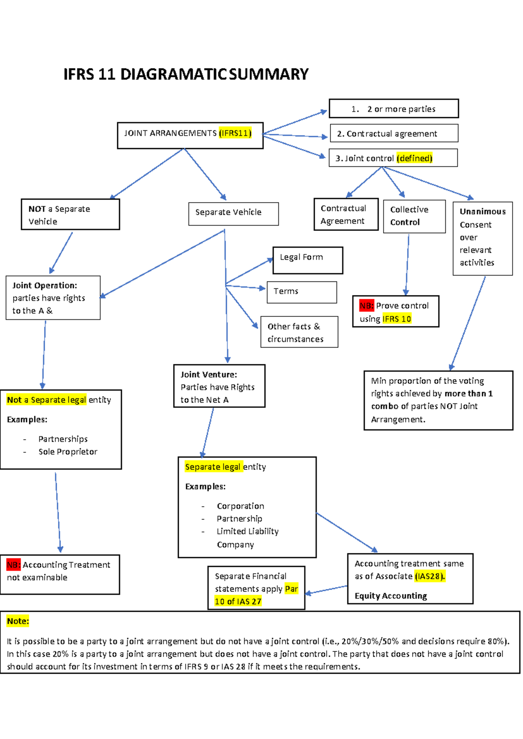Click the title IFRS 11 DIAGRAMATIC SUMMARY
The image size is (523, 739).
click(x=186, y=74)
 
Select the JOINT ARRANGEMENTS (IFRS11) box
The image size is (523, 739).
click(x=190, y=135)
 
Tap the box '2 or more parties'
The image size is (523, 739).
click(x=394, y=108)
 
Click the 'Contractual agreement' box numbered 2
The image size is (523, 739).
click(x=394, y=133)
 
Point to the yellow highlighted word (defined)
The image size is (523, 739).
click(x=414, y=158)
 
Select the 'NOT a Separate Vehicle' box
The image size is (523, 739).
click(x=70, y=214)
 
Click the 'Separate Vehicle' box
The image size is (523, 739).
click(x=233, y=214)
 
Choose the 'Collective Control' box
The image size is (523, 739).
click(x=414, y=216)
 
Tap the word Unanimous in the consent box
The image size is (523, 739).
click(x=482, y=211)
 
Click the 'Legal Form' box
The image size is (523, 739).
click(x=308, y=260)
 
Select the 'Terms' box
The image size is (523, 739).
click(x=302, y=292)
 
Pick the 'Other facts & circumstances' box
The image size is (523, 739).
click(x=299, y=332)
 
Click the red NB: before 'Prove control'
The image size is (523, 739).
click(x=367, y=305)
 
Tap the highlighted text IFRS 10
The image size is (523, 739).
click(x=397, y=319)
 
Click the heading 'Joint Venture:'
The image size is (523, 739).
click(x=209, y=374)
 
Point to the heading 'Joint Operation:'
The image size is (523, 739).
click(x=44, y=285)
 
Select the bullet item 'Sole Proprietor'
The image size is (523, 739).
click(x=68, y=451)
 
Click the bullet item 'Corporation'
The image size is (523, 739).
click(x=240, y=506)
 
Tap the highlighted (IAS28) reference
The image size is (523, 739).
click(x=430, y=576)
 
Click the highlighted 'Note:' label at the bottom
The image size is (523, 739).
click(x=18, y=621)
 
